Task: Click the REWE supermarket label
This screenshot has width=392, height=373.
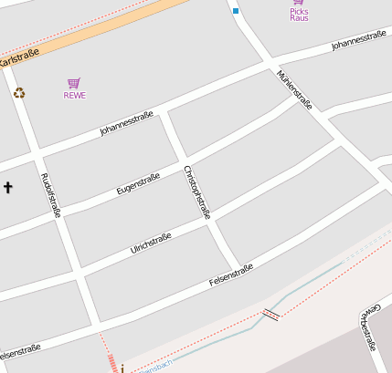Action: point(75,95)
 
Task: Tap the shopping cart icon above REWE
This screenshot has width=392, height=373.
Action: point(74,83)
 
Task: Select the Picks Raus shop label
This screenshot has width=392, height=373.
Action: point(299,15)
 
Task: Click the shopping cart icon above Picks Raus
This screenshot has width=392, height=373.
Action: point(299,3)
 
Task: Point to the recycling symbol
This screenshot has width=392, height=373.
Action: point(19,92)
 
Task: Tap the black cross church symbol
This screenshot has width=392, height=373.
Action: point(8,188)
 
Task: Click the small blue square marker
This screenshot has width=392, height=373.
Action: point(236,11)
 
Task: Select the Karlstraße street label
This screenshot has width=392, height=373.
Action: point(19,58)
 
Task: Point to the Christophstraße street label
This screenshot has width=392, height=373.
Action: point(197,192)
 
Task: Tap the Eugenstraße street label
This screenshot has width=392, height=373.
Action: point(138,183)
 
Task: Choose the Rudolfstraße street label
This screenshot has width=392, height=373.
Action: point(51,195)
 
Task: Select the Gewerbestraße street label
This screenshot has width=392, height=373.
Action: point(370,326)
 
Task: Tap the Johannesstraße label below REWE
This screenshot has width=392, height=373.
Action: point(126,124)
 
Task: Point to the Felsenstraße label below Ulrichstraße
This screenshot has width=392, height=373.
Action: point(230,275)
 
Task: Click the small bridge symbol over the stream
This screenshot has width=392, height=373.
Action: point(270,315)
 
